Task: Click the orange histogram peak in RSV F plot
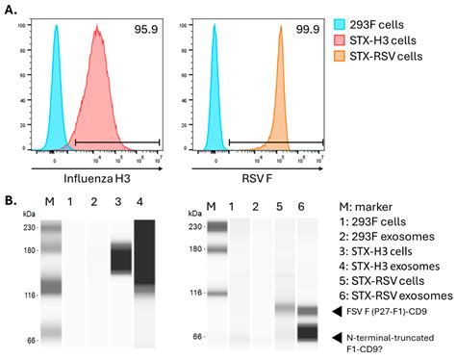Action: [281, 29]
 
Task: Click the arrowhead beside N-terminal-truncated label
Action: [335, 337]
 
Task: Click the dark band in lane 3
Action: [120, 258]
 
